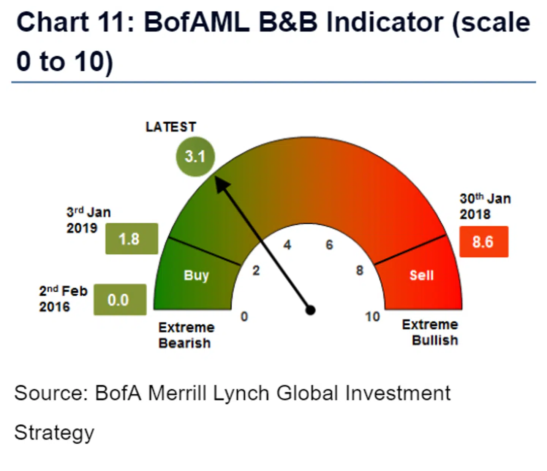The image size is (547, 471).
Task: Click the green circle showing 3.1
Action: [195, 156]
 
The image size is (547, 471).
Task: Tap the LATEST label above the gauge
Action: [171, 127]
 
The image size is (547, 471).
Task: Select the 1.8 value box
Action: [131, 239]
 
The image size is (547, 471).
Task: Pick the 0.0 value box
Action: [120, 300]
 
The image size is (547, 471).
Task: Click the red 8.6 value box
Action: [484, 242]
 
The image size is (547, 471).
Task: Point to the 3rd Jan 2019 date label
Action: [89, 220]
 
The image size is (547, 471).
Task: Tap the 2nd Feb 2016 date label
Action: [63, 299]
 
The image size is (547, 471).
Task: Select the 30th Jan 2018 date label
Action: [485, 206]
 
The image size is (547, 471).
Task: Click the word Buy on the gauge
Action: [196, 275]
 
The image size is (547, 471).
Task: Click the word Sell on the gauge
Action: [421, 275]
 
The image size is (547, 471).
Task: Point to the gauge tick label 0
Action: [244, 316]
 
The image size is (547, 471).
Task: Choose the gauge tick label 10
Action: [372, 317]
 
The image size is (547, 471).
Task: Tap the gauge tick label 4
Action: [287, 245]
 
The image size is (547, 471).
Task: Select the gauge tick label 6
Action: [329, 245]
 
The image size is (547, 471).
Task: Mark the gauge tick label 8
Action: [359, 271]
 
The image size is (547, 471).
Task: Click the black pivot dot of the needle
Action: [310, 310]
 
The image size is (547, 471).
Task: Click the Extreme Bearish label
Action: [186, 335]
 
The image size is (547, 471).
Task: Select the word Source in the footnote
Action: [51, 393]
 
